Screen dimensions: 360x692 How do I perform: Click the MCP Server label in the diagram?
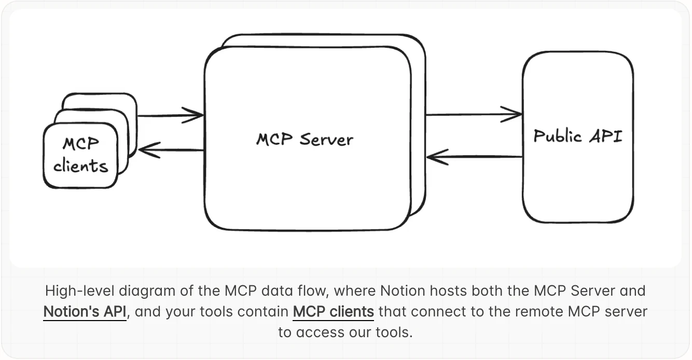click(305, 139)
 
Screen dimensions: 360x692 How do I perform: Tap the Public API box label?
click(578, 136)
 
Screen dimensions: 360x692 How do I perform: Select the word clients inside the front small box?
click(80, 166)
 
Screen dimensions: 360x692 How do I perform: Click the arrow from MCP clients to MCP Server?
click(170, 116)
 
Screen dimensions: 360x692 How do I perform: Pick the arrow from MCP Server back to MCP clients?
click(171, 150)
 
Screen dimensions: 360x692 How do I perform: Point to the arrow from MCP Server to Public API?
click(473, 114)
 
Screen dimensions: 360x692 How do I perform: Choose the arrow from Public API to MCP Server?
click(474, 156)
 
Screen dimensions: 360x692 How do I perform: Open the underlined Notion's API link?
click(85, 312)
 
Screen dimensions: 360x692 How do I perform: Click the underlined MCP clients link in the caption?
click(333, 312)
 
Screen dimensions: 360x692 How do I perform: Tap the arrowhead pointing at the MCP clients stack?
click(148, 150)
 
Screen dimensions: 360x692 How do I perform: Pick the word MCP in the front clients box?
click(80, 144)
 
